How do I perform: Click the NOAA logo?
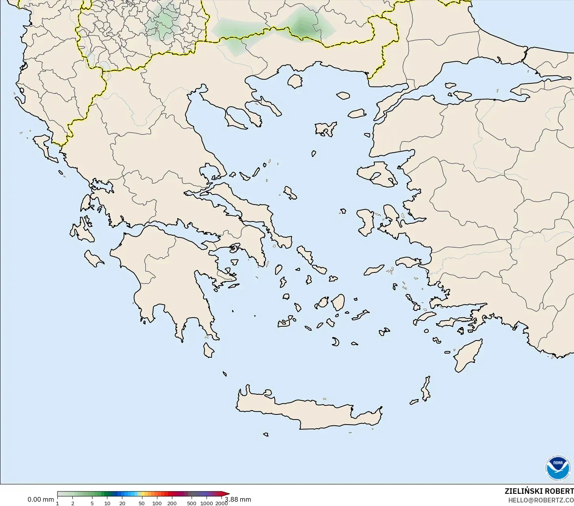click(x=557, y=467)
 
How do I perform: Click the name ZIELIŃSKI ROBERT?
click(x=539, y=491)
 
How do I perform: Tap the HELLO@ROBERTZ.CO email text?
click(x=541, y=500)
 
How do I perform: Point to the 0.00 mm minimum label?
click(x=41, y=499)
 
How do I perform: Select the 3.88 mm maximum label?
click(x=238, y=499)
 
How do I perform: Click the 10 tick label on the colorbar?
click(x=107, y=503)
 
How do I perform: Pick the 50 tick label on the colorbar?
click(x=141, y=503)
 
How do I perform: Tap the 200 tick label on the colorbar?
click(x=172, y=503)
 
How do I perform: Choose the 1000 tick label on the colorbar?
click(x=207, y=503)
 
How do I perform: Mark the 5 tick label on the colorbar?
click(x=92, y=503)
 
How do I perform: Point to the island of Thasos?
click(x=295, y=81)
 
